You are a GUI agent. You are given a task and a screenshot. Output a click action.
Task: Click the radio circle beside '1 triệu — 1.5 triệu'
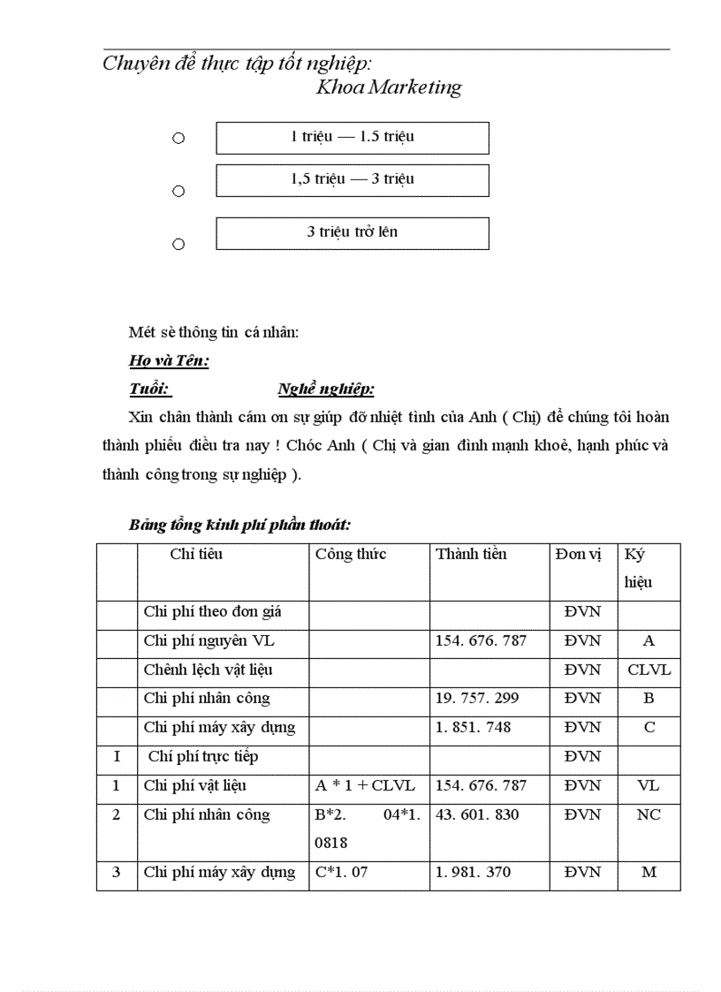coord(178,138)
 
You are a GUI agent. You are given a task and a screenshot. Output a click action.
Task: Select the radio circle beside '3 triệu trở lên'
coord(178,244)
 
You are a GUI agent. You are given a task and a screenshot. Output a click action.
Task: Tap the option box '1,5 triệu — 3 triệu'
coord(352,179)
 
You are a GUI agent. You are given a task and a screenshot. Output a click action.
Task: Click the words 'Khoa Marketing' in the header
coord(389,87)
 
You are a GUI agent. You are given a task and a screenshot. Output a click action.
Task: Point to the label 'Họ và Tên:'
coord(169,360)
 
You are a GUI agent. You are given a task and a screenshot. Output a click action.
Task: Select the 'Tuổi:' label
coord(149,390)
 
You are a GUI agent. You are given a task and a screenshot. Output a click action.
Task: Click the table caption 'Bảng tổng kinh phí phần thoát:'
coord(239,525)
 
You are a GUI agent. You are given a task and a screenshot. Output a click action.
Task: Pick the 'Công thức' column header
coord(351,554)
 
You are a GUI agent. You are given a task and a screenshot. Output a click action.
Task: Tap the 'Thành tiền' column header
coord(471,554)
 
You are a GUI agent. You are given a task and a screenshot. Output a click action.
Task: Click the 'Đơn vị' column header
coord(579,554)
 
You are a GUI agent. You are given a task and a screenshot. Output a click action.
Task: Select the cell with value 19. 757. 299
coord(482,699)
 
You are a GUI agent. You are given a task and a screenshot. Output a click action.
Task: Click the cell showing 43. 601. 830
coord(482,814)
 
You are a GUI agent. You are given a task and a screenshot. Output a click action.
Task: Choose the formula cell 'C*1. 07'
coord(340,872)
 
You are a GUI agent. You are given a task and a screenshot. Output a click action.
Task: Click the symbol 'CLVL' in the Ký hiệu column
coord(649,670)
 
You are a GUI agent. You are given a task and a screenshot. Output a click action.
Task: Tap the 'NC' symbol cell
coord(649,814)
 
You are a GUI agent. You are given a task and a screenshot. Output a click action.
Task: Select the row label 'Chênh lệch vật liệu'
coord(209,670)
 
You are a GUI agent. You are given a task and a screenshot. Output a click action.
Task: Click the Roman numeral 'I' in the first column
coord(116,756)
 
